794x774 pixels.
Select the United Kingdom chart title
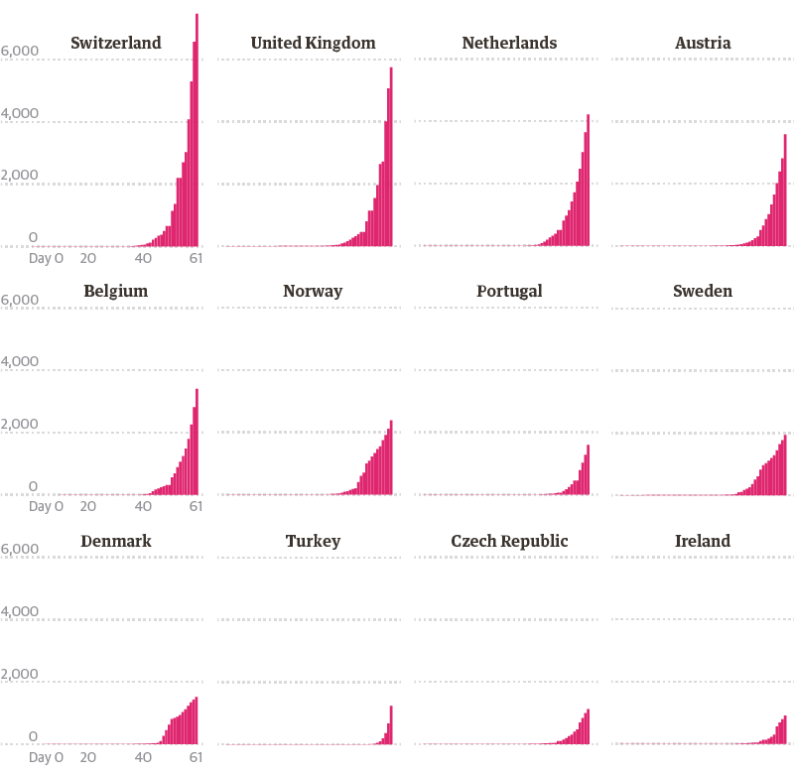pos(313,43)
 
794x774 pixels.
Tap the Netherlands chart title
pos(509,43)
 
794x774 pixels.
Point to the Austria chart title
pos(703,43)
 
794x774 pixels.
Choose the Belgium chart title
pos(116,291)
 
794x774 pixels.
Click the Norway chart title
pos(313,291)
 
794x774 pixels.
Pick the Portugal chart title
pos(509,291)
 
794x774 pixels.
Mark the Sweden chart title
pos(703,291)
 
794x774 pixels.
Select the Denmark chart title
pos(116,541)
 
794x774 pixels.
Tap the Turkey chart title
pos(313,541)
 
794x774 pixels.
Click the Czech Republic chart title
pos(509,541)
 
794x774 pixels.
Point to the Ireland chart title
pos(703,541)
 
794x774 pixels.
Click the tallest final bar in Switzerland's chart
pos(197,129)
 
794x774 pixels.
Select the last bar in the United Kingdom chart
pos(391,159)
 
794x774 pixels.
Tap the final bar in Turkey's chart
pos(391,725)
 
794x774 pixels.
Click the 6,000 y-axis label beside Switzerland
pos(20,51)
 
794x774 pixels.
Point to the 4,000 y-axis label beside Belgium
pos(20,362)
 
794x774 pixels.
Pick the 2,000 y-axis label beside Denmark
pos(20,675)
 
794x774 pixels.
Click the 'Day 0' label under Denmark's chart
pos(46,757)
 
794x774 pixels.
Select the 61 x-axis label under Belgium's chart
pos(196,507)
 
